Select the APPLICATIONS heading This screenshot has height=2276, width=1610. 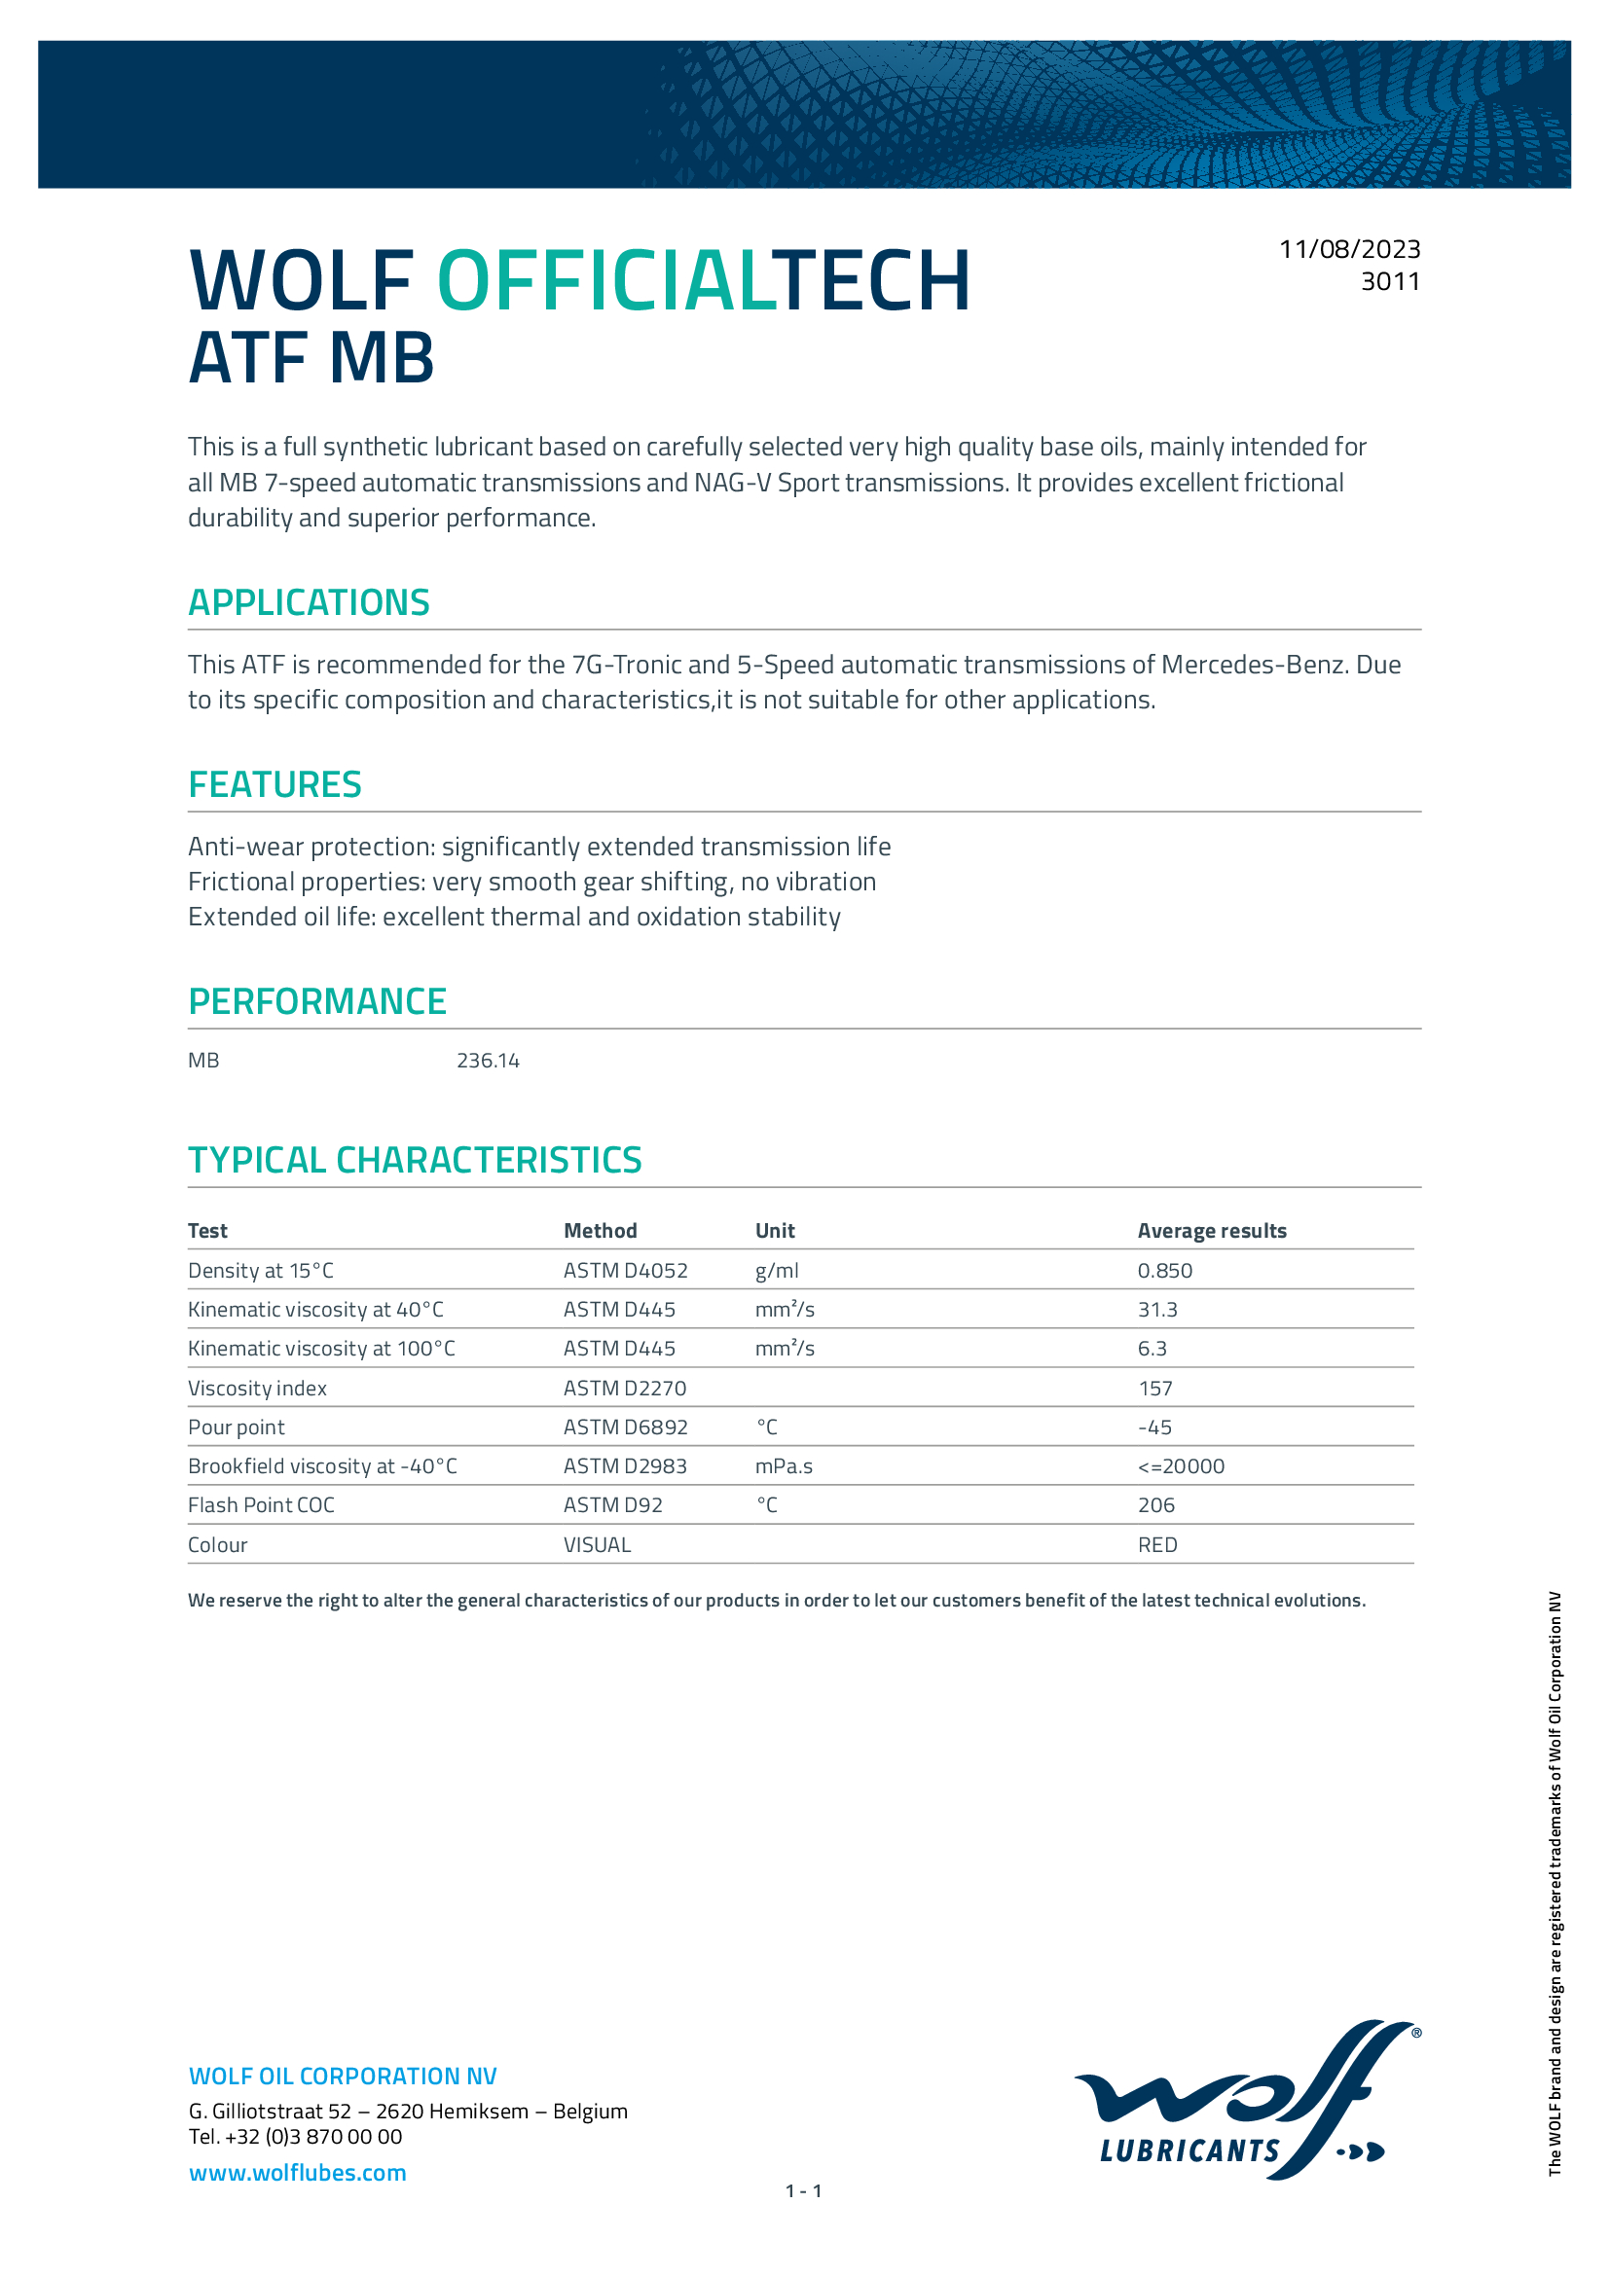click(x=309, y=602)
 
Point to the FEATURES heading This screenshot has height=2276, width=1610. click(x=274, y=784)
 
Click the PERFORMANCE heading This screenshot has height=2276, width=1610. click(x=317, y=1001)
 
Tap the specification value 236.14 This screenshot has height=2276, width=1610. click(x=488, y=1061)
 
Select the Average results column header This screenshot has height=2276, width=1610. click(x=1212, y=1230)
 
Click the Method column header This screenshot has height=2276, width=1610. click(x=600, y=1230)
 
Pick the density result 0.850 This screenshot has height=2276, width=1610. click(x=1165, y=1270)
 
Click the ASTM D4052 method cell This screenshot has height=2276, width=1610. click(x=625, y=1270)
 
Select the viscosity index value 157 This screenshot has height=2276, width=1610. click(x=1155, y=1388)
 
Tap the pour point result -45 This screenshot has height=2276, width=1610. click(x=1155, y=1427)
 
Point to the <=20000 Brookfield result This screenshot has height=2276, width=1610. click(x=1181, y=1466)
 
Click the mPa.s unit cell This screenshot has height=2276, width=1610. click(x=784, y=1466)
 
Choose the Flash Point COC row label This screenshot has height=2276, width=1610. click(x=261, y=1504)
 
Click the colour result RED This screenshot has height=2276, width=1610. click(x=1157, y=1544)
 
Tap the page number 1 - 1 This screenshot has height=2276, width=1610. click(x=803, y=2190)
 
